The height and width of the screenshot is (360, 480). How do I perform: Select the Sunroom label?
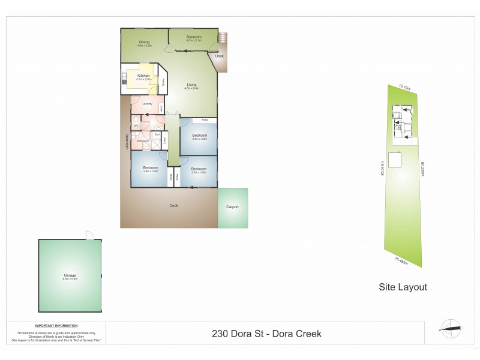[x=193, y=37]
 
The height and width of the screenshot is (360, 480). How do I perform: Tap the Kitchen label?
[x=143, y=76]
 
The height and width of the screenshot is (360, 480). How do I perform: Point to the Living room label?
[x=191, y=85]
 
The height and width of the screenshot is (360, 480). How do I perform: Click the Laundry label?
[x=146, y=104]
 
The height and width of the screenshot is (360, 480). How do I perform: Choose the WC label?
[x=136, y=125]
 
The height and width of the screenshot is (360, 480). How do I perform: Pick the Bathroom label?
[x=143, y=140]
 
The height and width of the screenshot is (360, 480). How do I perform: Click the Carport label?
[x=232, y=207]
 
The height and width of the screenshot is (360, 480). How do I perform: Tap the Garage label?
[x=70, y=276]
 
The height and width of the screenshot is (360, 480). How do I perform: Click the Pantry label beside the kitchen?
[x=164, y=82]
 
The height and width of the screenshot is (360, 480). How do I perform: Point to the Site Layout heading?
[x=403, y=287]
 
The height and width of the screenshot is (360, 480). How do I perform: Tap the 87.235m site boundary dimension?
[x=423, y=169]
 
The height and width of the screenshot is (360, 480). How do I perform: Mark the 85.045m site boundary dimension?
[x=382, y=167]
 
